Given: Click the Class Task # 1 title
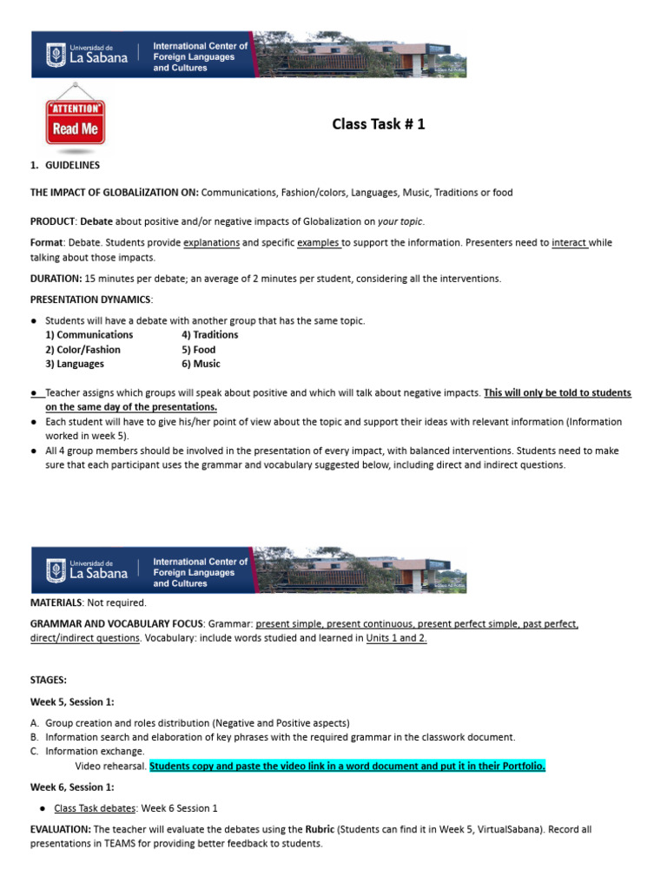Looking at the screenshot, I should pyautogui.click(x=379, y=124).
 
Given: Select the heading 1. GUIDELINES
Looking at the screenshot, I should pyautogui.click(x=65, y=165).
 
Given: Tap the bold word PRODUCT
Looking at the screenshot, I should pyautogui.click(x=52, y=221).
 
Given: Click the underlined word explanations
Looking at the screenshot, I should pyautogui.click(x=211, y=242).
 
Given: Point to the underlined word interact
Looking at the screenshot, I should pyautogui.click(x=569, y=242).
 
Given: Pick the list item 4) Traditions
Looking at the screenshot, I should pyautogui.click(x=209, y=335).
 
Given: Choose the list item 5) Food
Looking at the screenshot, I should pyautogui.click(x=199, y=350).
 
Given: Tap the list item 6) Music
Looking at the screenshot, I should pyautogui.click(x=201, y=365).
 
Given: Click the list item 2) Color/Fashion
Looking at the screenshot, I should pyautogui.click(x=83, y=350).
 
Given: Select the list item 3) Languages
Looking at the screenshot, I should pyautogui.click(x=74, y=365).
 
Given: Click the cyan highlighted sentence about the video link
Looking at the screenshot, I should pyautogui.click(x=347, y=766).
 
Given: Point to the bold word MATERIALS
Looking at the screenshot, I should pyautogui.click(x=56, y=603).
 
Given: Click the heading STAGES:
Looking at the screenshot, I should pyautogui.click(x=48, y=680).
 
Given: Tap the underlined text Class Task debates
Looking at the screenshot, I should pyautogui.click(x=97, y=808).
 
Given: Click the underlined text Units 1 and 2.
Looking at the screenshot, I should pyautogui.click(x=396, y=638).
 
